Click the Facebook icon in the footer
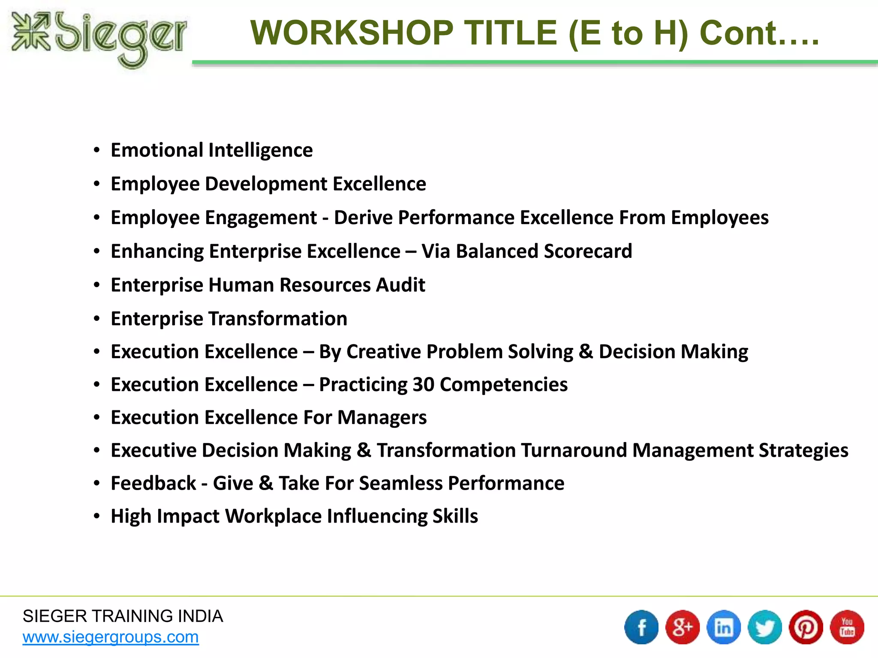pos(641,627)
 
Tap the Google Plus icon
pos(683,627)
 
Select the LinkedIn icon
pos(724,627)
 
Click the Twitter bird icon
pos(765,627)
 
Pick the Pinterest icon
pos(806,627)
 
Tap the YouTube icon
pos(847,627)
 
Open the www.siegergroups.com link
pos(111,637)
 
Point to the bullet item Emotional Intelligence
pos(211,150)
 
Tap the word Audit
pos(400,285)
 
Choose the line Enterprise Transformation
pos(229,319)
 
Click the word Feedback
pos(153,483)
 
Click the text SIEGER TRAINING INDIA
pos(123,616)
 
